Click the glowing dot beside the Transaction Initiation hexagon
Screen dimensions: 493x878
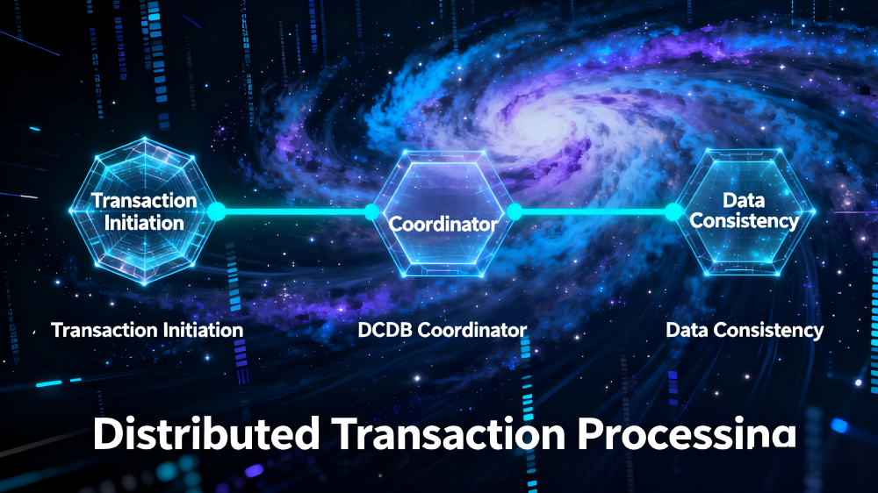pos(216,211)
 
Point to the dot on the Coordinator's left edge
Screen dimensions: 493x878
pos(371,211)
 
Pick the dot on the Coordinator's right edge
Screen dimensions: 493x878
pos(515,211)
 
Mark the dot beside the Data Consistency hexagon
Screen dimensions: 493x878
pos(673,211)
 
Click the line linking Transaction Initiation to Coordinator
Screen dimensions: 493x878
pos(294,211)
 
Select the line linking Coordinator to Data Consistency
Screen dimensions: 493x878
pos(594,211)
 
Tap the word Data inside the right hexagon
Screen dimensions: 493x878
pos(744,201)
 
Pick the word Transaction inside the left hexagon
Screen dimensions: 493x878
pos(144,201)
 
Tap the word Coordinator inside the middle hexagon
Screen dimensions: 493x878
pos(443,224)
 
